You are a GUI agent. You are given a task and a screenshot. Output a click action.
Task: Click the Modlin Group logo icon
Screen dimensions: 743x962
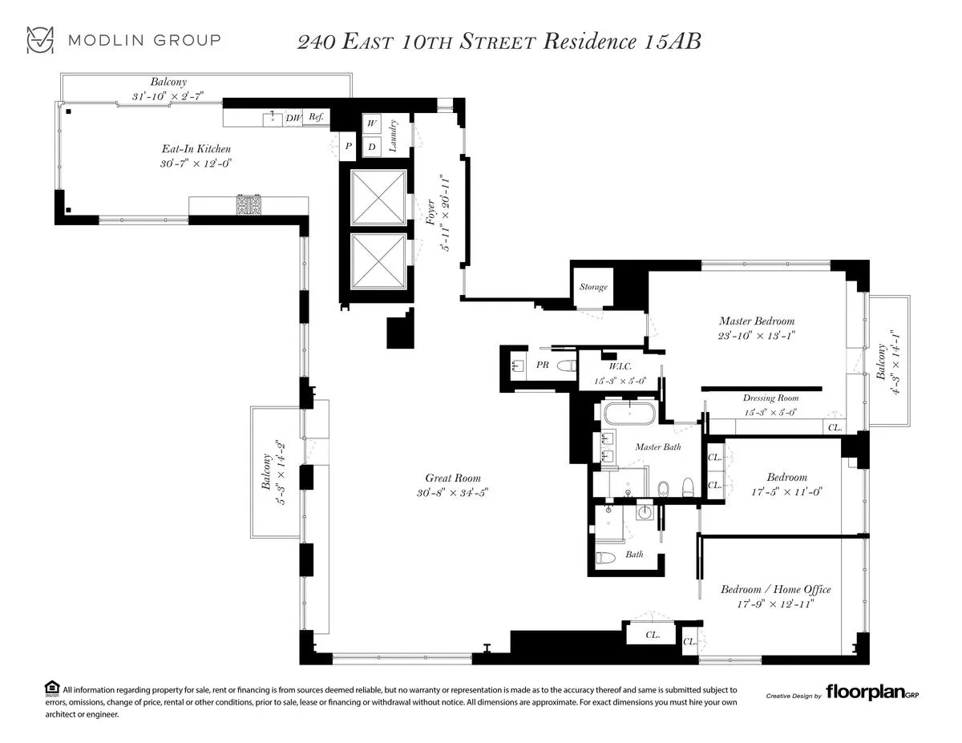click(x=40, y=40)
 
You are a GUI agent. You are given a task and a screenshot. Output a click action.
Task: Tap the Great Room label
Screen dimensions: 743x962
click(x=453, y=479)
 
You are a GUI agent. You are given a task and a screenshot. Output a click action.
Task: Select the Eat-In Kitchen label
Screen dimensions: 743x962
click(x=196, y=149)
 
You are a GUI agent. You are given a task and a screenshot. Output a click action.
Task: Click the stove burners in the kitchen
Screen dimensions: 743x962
click(x=248, y=206)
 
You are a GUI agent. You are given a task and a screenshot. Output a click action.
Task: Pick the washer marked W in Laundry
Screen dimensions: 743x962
click(x=372, y=123)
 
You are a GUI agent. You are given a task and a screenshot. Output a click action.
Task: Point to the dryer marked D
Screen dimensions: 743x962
click(x=372, y=147)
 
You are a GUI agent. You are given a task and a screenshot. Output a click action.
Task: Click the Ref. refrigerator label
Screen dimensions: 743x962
click(x=317, y=118)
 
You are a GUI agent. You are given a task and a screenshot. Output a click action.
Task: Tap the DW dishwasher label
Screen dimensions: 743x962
click(x=293, y=119)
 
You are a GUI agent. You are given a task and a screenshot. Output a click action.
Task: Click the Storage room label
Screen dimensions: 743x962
click(x=593, y=287)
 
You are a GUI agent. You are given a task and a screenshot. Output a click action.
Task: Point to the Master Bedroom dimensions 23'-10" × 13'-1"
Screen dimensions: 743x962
click(x=757, y=336)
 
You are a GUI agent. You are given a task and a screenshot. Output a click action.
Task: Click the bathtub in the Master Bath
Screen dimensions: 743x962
click(x=630, y=415)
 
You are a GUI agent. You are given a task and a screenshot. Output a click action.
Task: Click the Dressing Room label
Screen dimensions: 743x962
click(x=770, y=398)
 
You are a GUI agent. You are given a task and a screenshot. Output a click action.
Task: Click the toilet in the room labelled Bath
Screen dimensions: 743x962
click(x=607, y=558)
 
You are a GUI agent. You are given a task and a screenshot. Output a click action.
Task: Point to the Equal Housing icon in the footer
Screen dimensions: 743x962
click(x=51, y=688)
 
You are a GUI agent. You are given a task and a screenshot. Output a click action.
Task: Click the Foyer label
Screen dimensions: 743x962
click(x=439, y=215)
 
